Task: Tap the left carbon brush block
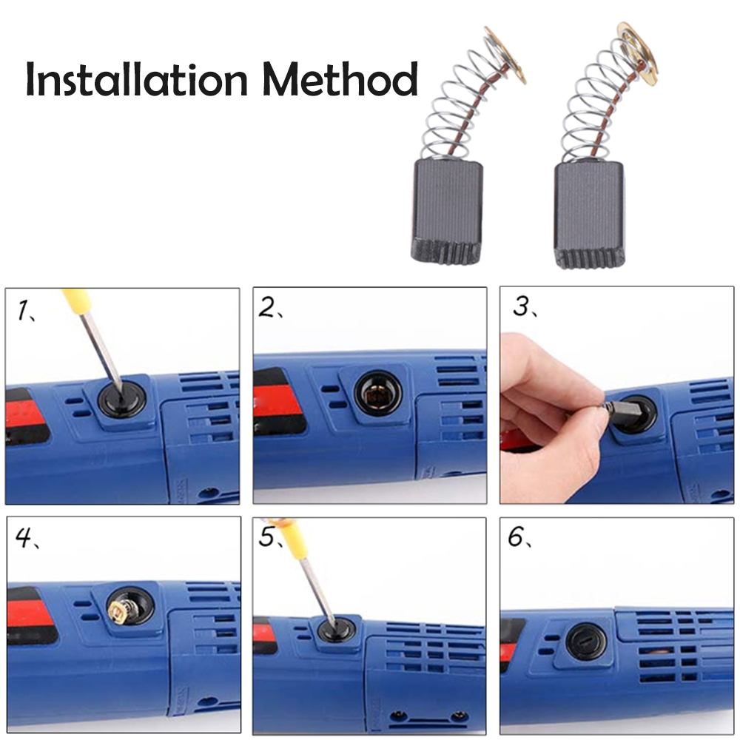tap(445, 212)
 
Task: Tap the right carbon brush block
tap(589, 215)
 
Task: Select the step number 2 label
tap(269, 309)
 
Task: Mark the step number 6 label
tap(517, 538)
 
